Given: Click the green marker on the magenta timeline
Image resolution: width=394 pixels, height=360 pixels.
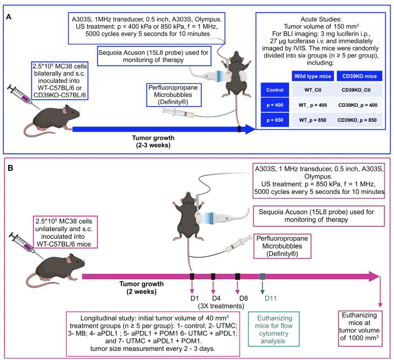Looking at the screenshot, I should click(x=262, y=276).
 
